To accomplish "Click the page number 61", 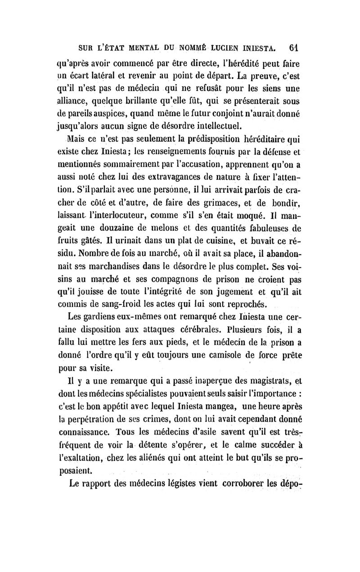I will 295,47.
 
